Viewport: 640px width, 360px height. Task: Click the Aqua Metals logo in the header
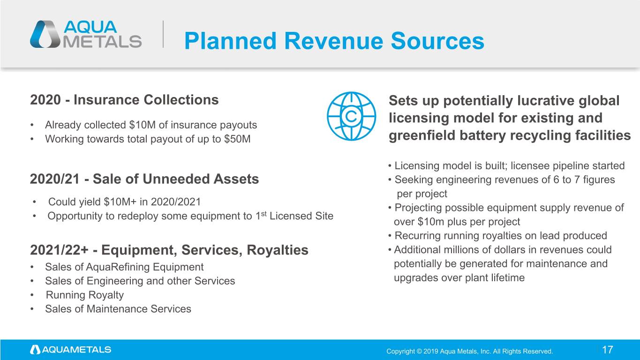pyautogui.click(x=86, y=34)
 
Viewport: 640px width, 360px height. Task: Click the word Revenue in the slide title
pyautogui.click(x=333, y=41)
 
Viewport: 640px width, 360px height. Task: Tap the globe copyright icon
pyautogui.click(x=351, y=116)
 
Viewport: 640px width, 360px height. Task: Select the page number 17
pyautogui.click(x=608, y=350)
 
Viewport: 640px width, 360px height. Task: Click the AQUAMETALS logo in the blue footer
pyautogui.click(x=71, y=350)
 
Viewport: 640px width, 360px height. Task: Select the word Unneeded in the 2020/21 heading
pyautogui.click(x=176, y=179)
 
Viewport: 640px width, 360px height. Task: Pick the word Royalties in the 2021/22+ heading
pyautogui.click(x=278, y=250)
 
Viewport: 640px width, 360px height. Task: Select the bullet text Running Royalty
pyautogui.click(x=85, y=295)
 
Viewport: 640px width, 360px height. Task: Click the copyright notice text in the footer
pyautogui.click(x=469, y=351)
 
